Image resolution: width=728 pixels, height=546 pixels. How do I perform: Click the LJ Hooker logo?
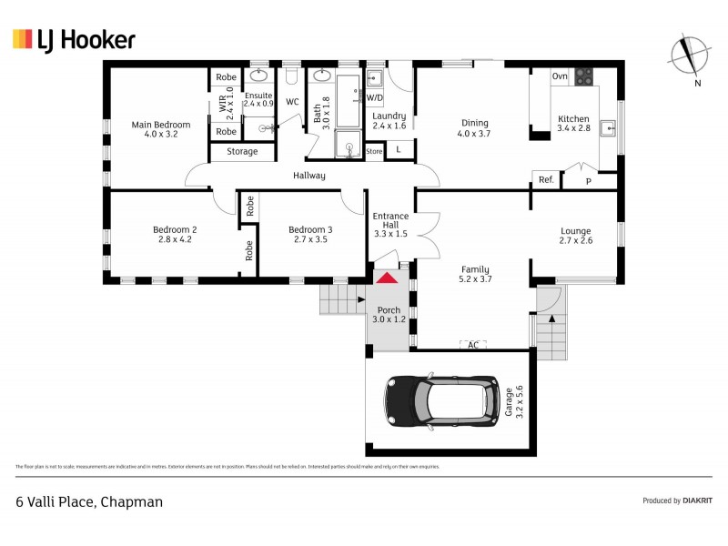(74, 39)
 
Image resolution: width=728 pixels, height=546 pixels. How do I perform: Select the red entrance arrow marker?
(387, 278)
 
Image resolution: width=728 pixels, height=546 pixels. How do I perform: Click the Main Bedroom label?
(160, 125)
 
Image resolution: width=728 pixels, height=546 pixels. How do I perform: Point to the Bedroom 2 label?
(175, 230)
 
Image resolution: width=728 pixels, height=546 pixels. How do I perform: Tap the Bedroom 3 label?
(309, 230)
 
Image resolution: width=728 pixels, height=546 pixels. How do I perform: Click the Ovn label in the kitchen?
(560, 76)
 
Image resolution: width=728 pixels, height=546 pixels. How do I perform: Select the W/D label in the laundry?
(375, 96)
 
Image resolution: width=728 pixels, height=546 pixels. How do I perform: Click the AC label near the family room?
(472, 345)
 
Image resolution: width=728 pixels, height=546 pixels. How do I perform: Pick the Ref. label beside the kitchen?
(546, 180)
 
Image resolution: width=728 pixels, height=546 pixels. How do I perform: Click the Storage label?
(242, 152)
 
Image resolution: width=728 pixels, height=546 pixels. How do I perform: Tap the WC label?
(292, 102)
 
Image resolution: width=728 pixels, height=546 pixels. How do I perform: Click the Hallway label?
(308, 176)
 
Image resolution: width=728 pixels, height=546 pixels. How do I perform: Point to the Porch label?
(388, 310)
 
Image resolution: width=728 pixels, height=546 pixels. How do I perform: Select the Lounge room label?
(575, 231)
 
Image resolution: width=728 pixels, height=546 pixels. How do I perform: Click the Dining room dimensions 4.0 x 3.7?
(474, 134)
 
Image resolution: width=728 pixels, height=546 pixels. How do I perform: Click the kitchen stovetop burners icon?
(583, 76)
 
